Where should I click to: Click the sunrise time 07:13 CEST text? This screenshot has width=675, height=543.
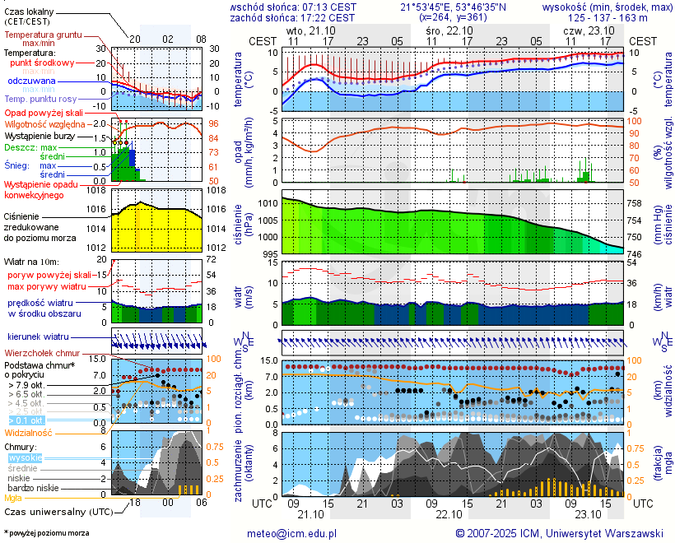(x=328, y=7)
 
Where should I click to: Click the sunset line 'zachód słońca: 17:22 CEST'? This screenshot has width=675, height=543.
(x=292, y=17)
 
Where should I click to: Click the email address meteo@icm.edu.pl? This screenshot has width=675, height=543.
(x=292, y=533)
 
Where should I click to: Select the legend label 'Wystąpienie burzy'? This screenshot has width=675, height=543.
(x=40, y=136)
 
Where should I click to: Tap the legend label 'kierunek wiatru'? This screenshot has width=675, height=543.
(x=38, y=337)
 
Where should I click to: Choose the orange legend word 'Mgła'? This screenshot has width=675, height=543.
(x=13, y=498)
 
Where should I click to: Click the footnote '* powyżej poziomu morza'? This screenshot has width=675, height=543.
(x=46, y=533)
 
